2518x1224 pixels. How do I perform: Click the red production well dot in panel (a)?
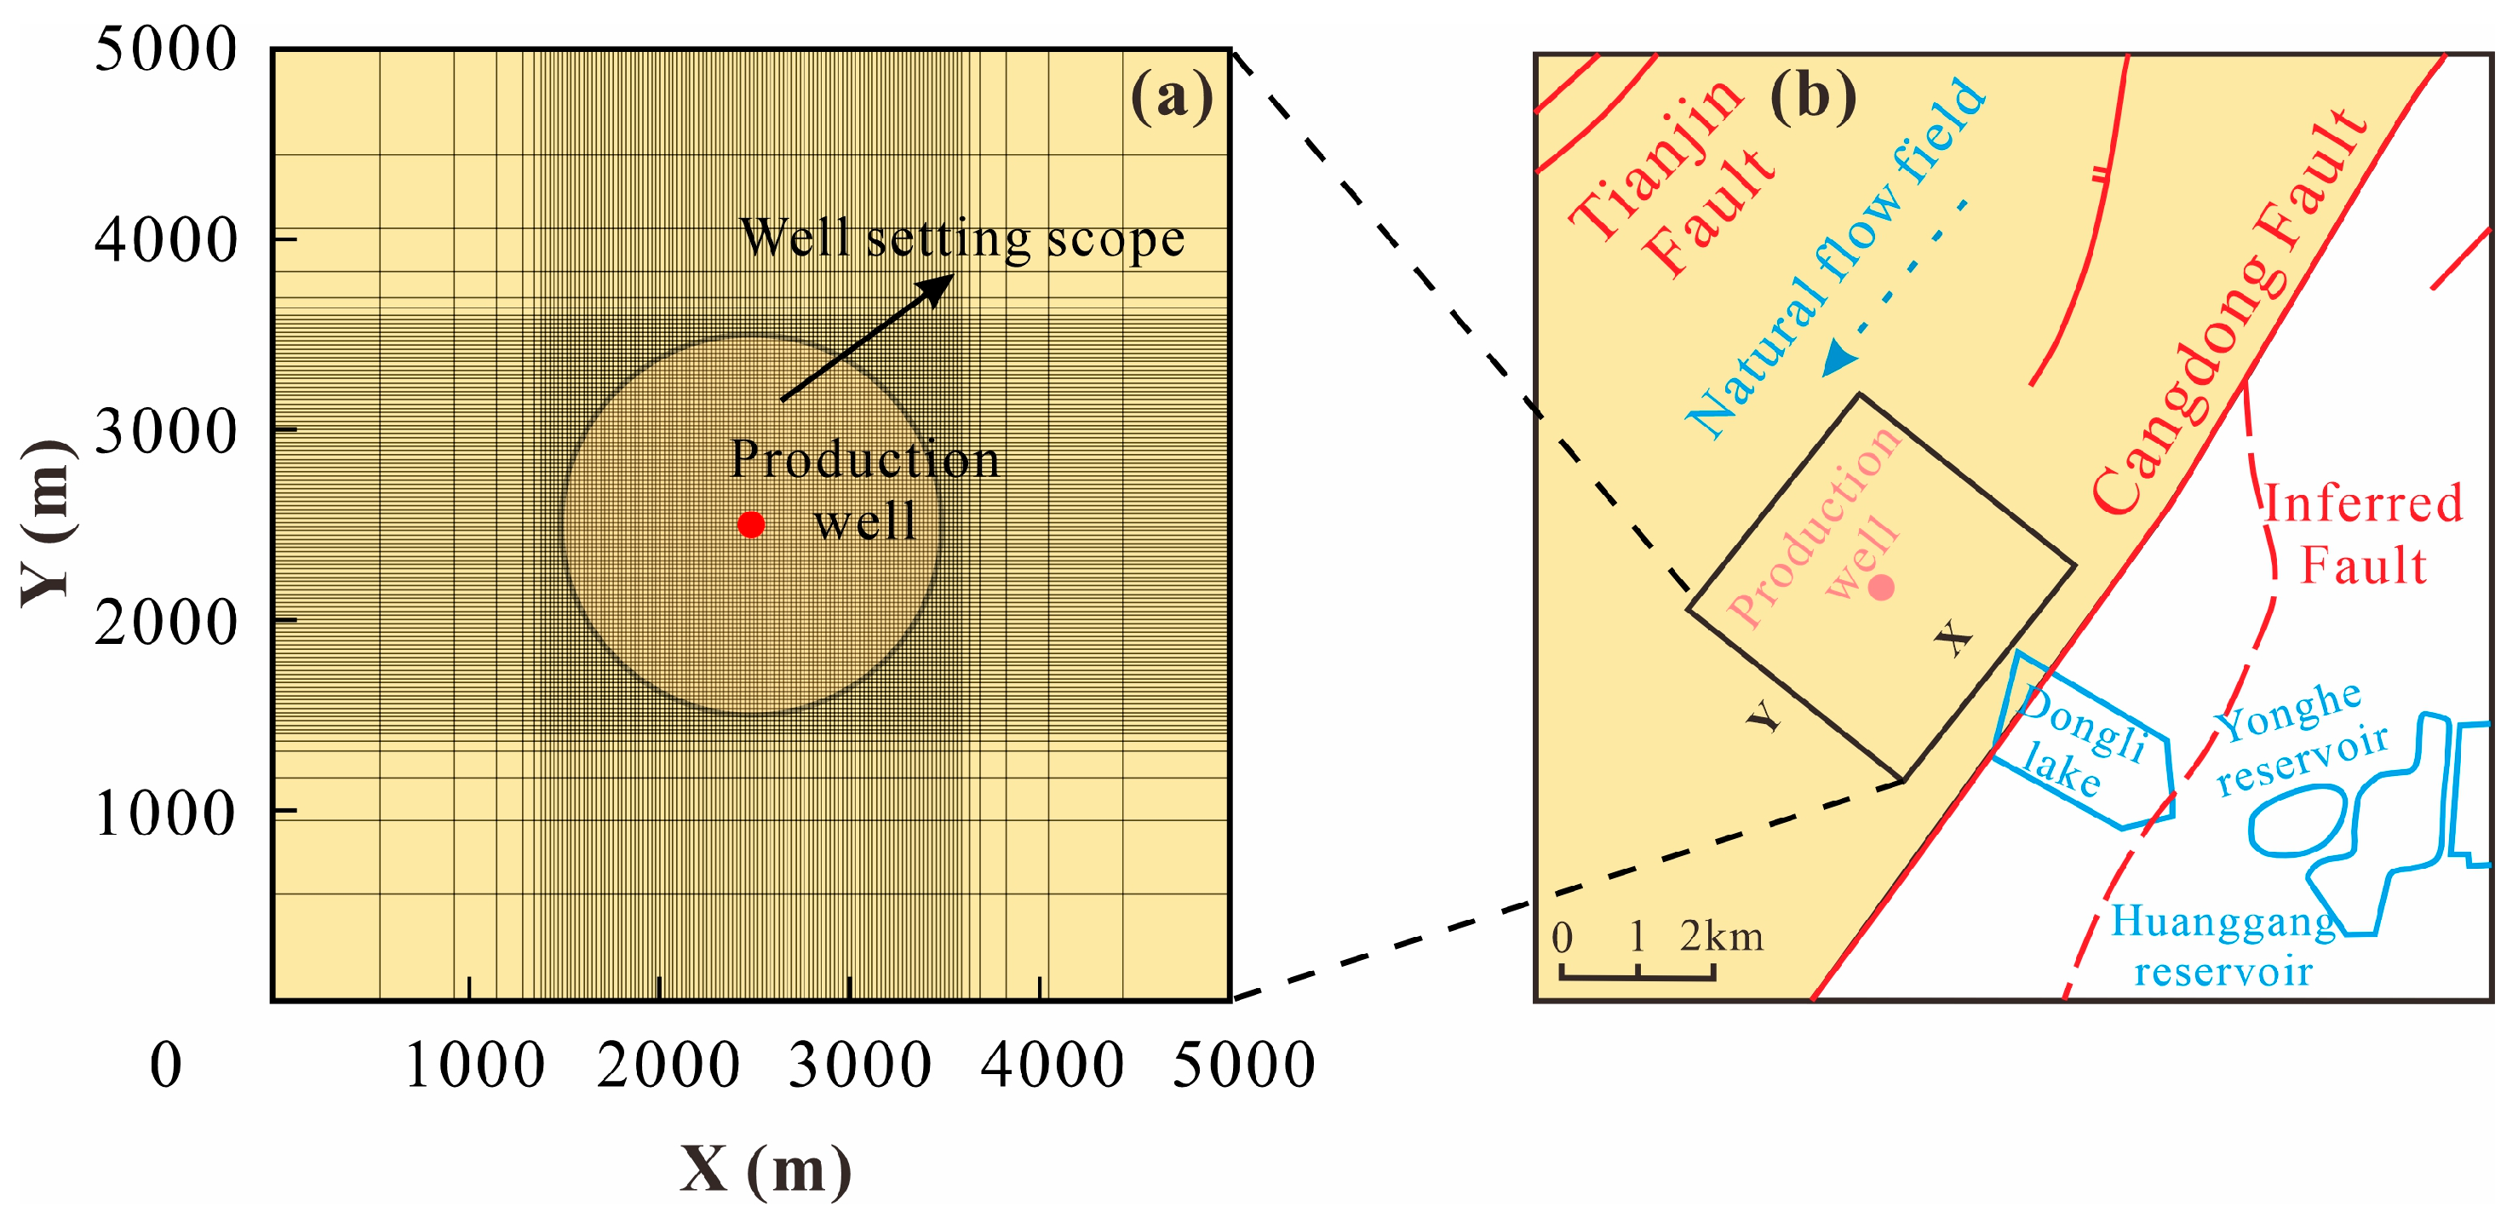751,525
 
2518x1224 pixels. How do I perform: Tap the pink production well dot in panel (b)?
1882,588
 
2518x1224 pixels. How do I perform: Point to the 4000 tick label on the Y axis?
165,240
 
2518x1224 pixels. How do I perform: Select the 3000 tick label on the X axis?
859,1066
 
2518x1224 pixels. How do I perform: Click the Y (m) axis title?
47,523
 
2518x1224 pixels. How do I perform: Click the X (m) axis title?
766,1169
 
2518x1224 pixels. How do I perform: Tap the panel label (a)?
1171,98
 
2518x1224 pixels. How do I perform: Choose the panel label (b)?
1812,98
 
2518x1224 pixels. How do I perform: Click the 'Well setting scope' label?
962,238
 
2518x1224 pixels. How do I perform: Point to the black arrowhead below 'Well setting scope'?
937,287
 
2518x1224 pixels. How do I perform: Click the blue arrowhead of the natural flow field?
1839,359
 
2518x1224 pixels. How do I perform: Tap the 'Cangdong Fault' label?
2228,313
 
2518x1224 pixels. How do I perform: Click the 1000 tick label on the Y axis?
165,813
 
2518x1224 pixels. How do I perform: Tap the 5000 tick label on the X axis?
1243,1066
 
